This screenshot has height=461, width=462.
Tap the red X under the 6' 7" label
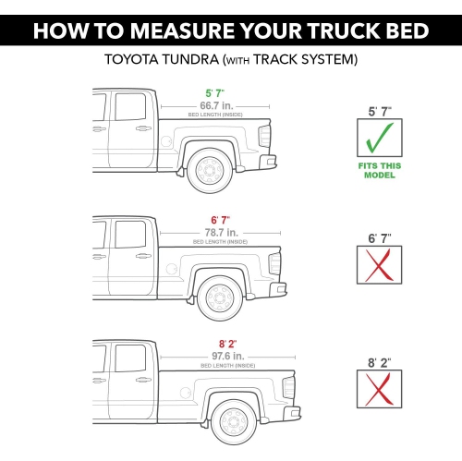tap(379, 265)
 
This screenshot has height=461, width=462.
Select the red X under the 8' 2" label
tap(379, 389)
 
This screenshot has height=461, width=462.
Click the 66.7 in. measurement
tap(216, 105)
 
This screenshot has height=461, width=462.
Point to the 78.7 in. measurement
tap(222, 233)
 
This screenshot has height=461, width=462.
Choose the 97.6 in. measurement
tap(228, 356)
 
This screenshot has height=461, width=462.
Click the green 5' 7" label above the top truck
tap(215, 93)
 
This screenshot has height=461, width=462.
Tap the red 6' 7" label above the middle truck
tap(221, 220)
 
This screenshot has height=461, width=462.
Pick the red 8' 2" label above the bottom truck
tap(228, 344)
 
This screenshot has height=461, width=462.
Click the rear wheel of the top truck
tap(210, 171)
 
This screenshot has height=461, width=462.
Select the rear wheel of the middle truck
tap(220, 298)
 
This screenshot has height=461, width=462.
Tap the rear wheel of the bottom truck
tap(234, 422)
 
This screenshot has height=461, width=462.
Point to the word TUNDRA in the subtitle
tap(190, 59)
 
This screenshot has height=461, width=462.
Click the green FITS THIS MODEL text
tap(380, 171)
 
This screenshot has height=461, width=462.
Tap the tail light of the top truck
tap(264, 136)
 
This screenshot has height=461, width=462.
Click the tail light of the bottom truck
tap(288, 387)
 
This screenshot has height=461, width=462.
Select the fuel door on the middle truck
tap(172, 269)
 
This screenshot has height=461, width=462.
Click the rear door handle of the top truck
tap(143, 128)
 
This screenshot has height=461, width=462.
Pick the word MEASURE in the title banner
tap(182, 30)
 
